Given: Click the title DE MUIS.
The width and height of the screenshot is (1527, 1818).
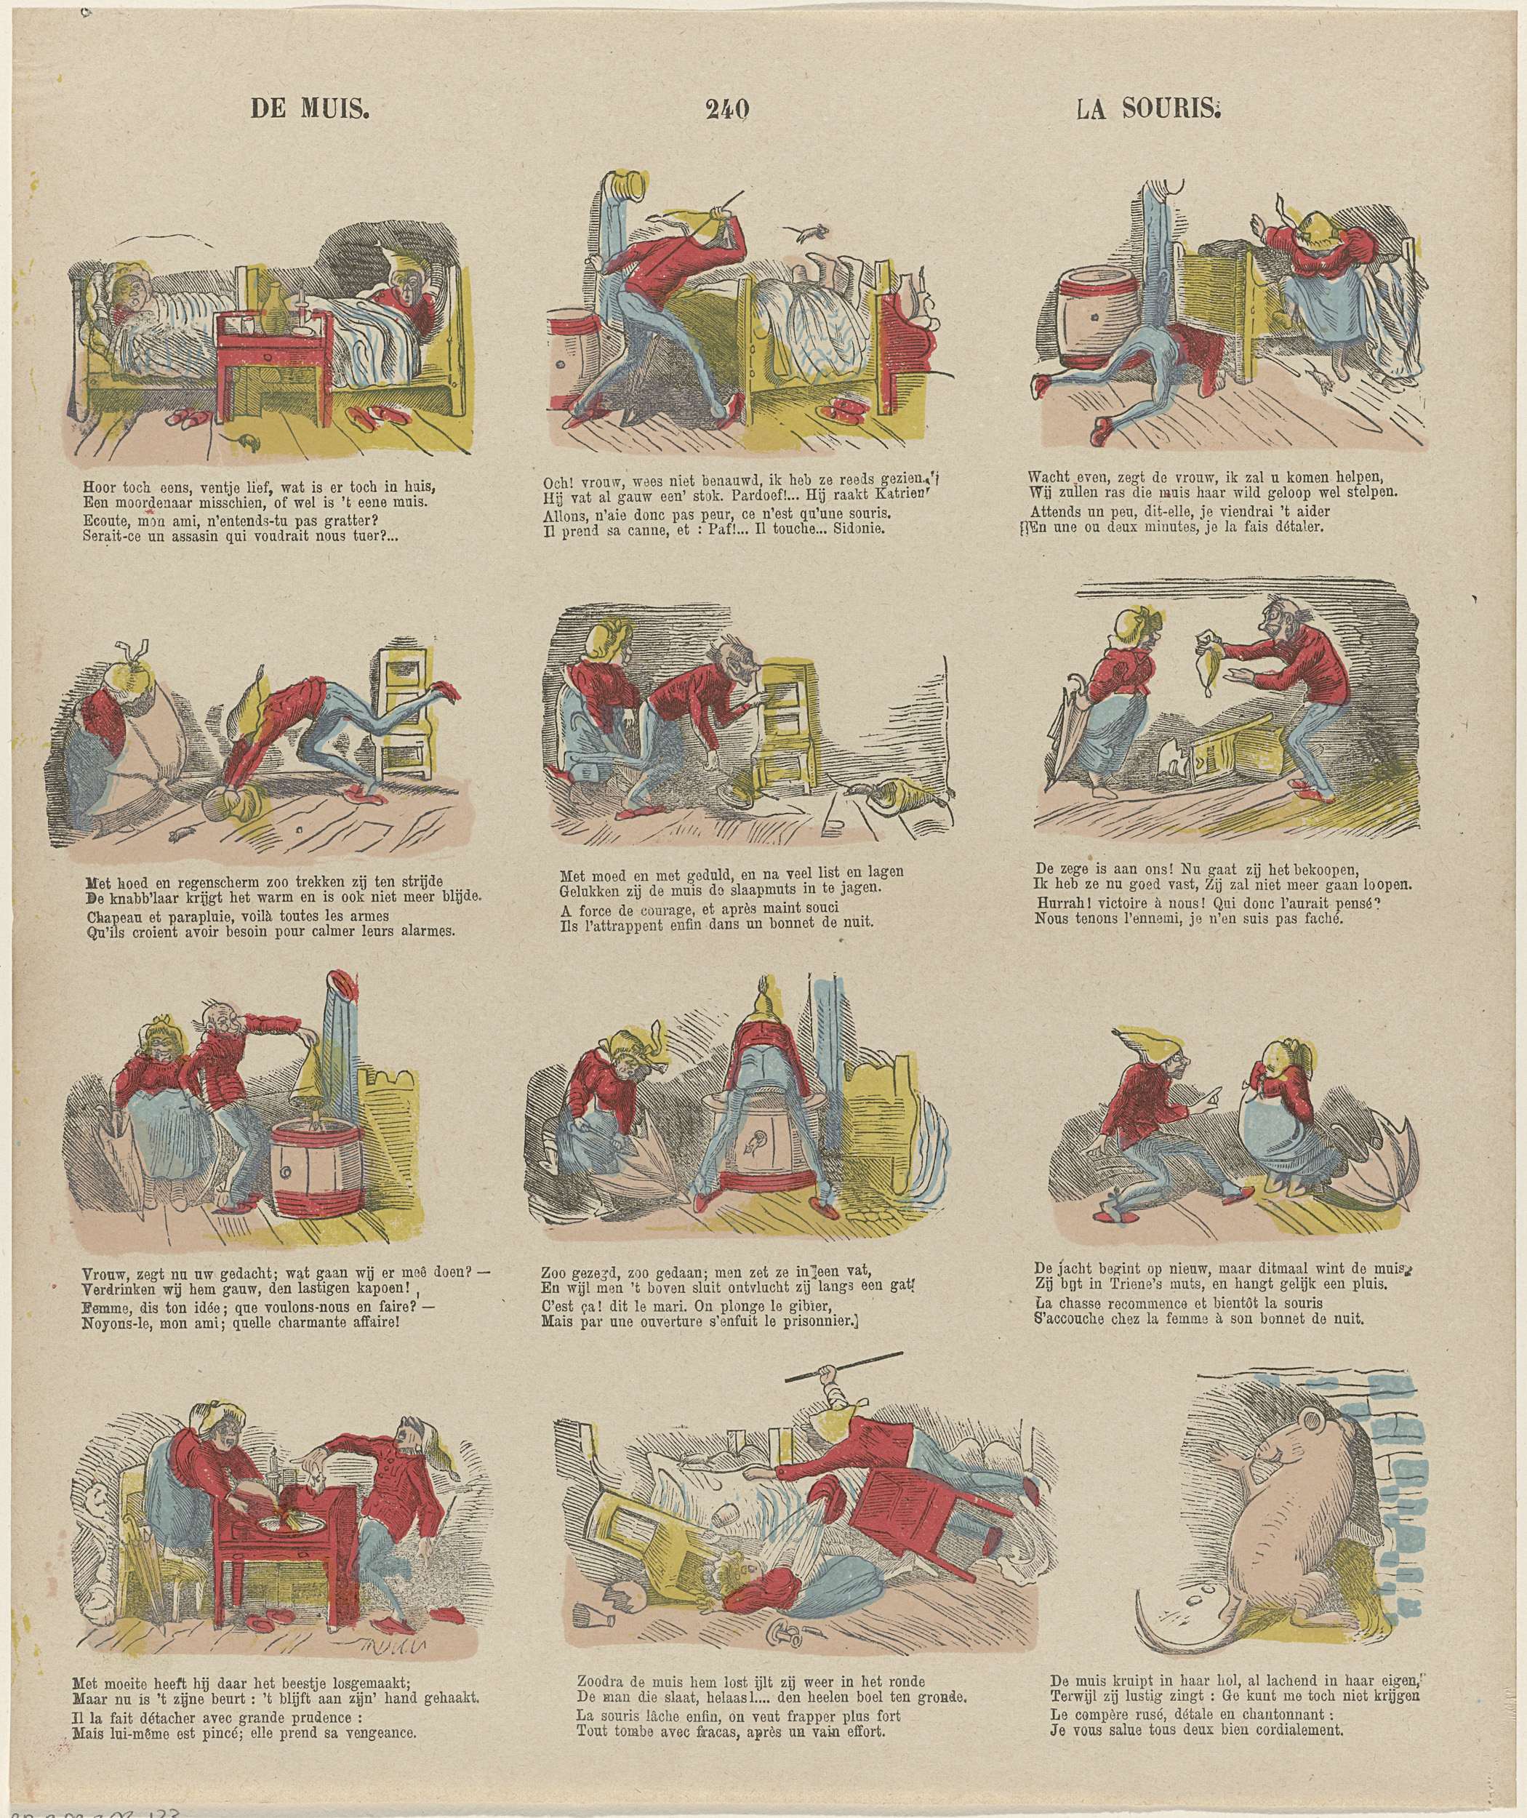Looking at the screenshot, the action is pyautogui.click(x=310, y=108).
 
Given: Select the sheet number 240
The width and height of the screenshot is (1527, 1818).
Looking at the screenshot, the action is pyautogui.click(x=727, y=108).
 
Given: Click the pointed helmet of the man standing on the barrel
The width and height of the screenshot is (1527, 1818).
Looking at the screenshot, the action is pyautogui.click(x=763, y=1001).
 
